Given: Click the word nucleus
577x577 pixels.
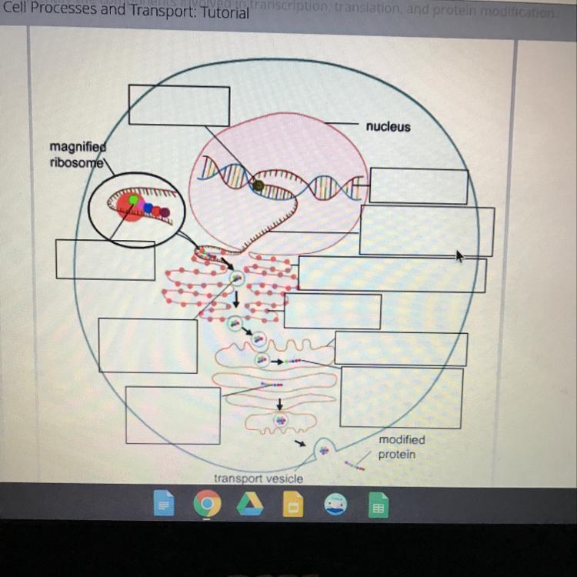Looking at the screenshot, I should coord(388,127).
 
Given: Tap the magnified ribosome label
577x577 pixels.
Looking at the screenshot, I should coord(77,154).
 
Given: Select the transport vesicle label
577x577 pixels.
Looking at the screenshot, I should coord(258,479).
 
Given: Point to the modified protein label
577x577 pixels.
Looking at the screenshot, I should coord(401,447).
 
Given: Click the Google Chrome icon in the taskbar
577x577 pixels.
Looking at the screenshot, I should coord(206,505).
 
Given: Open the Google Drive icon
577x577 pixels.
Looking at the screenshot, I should coord(250,505).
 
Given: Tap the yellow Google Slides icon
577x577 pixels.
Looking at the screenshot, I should coord(293,505).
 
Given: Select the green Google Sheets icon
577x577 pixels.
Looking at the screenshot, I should coord(378,505).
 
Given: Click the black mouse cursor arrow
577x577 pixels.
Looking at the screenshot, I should coord(460,255).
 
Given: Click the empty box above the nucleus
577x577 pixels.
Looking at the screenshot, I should coord(178,105).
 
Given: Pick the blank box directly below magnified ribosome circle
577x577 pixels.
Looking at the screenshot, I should coord(105,260).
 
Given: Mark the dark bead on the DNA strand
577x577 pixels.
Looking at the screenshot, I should coord(258,185).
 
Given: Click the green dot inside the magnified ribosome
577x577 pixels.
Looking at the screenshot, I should coord(133,200).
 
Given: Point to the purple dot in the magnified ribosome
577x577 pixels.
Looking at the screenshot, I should coord(165,212).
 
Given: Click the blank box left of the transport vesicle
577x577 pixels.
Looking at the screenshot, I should coord(173,415).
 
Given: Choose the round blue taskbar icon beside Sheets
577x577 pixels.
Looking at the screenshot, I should coord(336,505).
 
